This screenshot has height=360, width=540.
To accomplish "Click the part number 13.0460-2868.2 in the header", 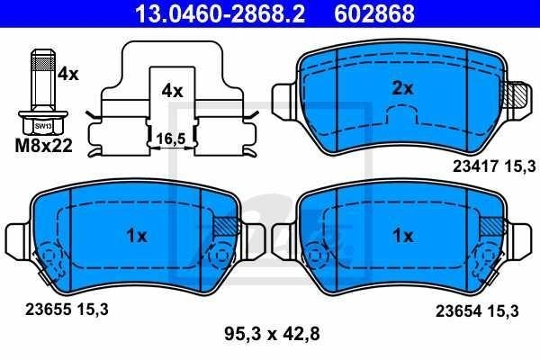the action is click(220, 13).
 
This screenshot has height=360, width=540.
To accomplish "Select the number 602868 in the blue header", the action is click(374, 13).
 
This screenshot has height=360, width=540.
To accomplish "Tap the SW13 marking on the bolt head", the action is click(43, 126).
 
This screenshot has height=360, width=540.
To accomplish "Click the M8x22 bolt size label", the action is click(44, 146).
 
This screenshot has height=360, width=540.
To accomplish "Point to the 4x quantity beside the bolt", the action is click(67, 74).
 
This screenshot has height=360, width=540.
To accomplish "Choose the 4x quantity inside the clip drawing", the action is click(172, 91).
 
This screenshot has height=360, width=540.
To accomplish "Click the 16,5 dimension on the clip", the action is click(171, 139).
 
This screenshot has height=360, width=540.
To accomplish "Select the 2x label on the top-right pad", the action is click(402, 88).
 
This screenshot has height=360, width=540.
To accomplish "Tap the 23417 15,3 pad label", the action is click(494, 166).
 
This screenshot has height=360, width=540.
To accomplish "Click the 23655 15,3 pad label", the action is click(67, 310).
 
